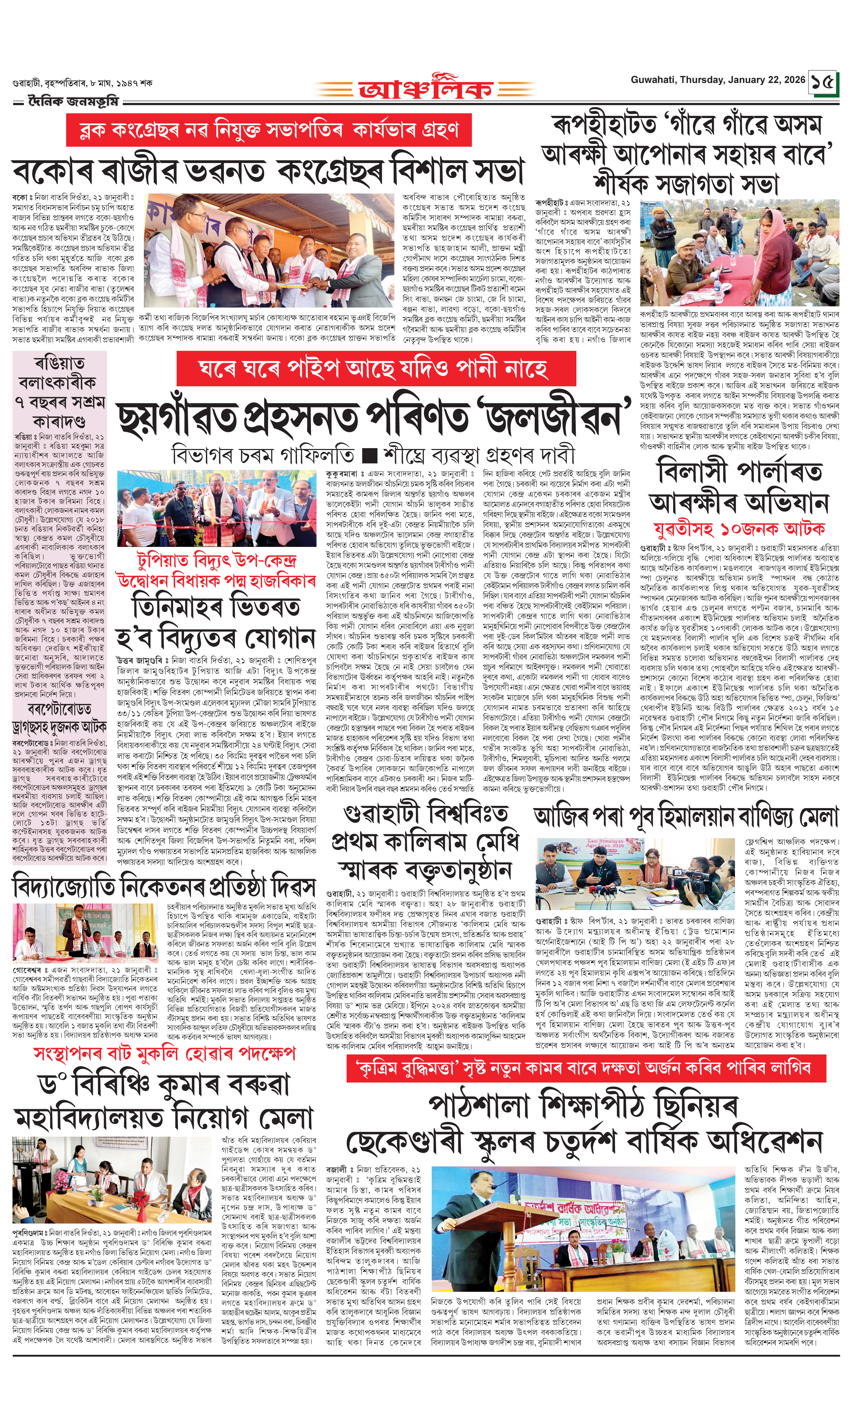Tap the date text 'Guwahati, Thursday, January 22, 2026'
point(718,80)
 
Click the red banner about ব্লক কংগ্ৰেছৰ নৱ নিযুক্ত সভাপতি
point(269,130)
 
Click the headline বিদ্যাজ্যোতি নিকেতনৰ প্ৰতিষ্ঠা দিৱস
point(164,887)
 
